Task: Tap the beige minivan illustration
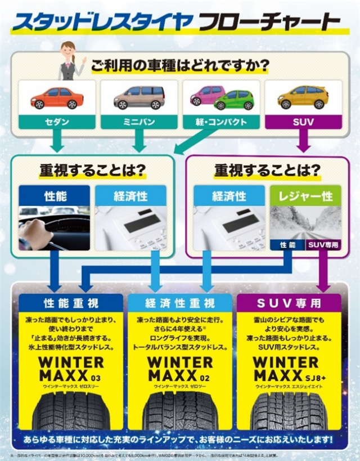pyautogui.click(x=139, y=97)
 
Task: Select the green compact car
pyautogui.click(x=234, y=100)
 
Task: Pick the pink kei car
pyautogui.click(x=206, y=95)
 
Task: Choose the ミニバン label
pyautogui.click(x=139, y=122)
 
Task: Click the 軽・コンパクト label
pyautogui.click(x=221, y=122)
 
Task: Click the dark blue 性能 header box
pyautogui.click(x=55, y=196)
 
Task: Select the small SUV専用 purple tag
pyautogui.click(x=323, y=245)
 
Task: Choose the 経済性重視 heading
pyautogui.click(x=179, y=303)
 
